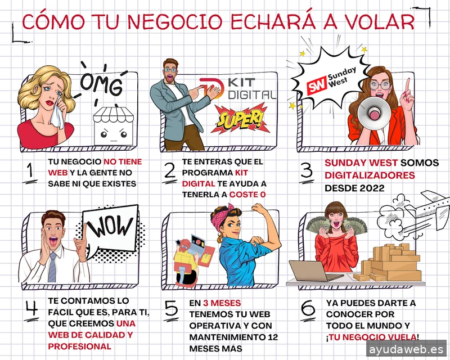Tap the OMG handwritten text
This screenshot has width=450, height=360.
point(101,84)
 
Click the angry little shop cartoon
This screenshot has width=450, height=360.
point(114,126)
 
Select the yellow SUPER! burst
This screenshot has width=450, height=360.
point(240,119)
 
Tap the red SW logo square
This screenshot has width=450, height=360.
point(317,85)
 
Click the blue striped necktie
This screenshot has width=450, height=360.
point(52,268)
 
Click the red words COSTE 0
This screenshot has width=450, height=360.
point(247,195)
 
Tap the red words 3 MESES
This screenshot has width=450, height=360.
point(222,303)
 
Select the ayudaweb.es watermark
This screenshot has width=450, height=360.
point(406,349)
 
